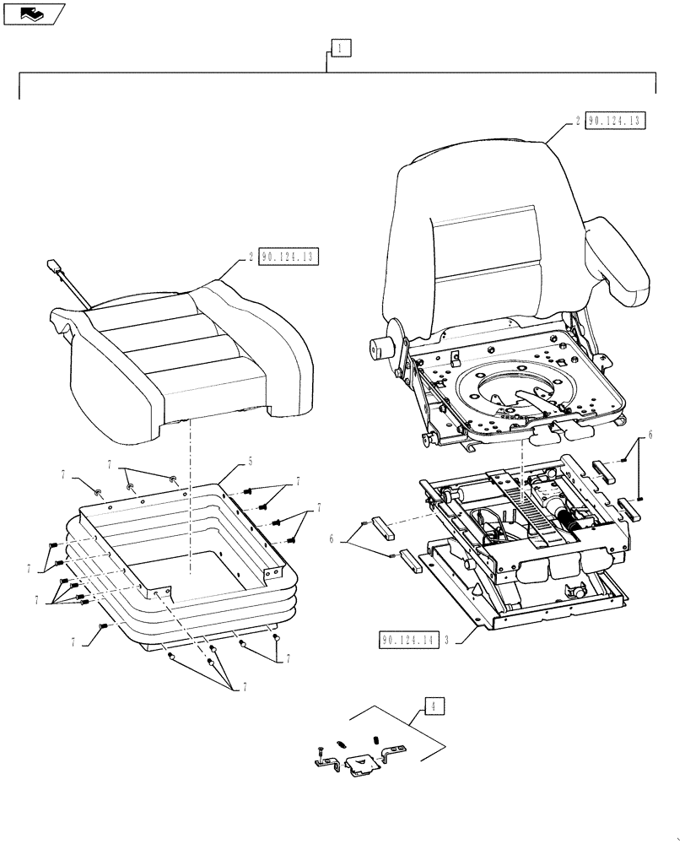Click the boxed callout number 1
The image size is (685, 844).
click(337, 48)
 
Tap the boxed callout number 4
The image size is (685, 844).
click(433, 705)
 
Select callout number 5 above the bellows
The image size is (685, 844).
click(251, 462)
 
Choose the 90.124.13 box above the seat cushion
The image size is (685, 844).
click(289, 257)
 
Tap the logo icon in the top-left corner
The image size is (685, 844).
click(33, 13)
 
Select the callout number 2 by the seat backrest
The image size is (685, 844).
click(577, 121)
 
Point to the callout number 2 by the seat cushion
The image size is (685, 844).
click(251, 257)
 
